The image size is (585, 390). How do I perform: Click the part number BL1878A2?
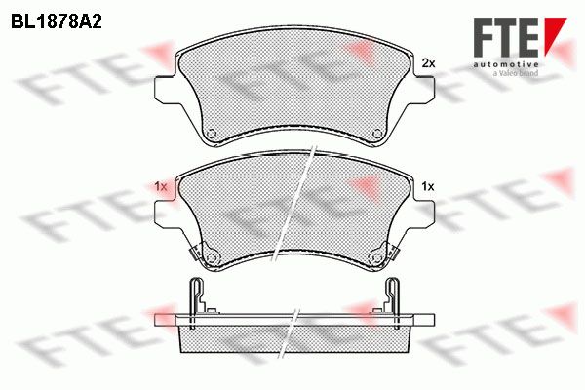point(56,22)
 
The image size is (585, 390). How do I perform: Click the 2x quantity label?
point(428,63)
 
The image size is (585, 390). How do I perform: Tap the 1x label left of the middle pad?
point(161,186)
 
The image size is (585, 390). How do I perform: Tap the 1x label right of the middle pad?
point(428,186)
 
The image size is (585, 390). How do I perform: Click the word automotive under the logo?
point(505,65)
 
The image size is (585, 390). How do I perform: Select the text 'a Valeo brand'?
point(515,73)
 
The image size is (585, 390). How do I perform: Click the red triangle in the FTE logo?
point(555,32)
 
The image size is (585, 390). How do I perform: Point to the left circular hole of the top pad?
point(212,134)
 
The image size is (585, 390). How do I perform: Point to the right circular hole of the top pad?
point(377,134)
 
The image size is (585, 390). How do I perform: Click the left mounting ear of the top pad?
point(165,90)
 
